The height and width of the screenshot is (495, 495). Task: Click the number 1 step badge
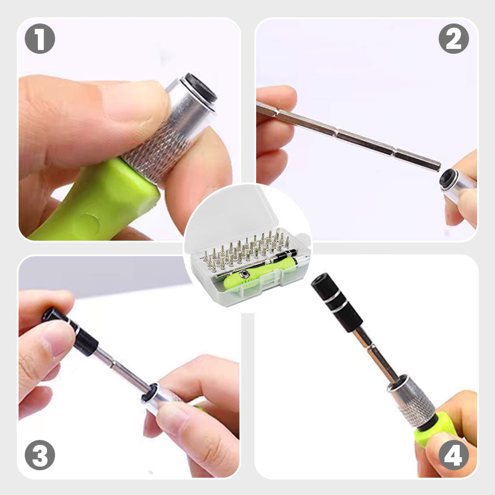40,38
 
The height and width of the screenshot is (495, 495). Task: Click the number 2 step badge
454,38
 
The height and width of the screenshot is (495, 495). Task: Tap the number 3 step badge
40,455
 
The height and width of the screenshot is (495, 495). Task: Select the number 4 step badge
454,455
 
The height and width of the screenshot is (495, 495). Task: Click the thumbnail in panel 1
131,101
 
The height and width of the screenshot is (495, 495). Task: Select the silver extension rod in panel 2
349,137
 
